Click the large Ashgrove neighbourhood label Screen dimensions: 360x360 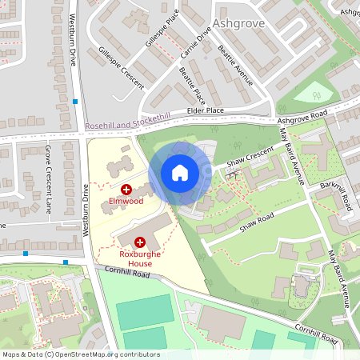tap(239, 23)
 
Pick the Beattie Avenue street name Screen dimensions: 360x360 tap(234, 66)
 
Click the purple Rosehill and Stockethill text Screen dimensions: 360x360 tap(128, 122)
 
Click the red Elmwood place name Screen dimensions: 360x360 tap(126, 202)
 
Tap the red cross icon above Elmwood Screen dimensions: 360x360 tap(126, 189)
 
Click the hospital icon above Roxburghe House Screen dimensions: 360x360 tap(141, 241)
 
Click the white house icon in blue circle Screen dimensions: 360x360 tap(180, 173)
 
